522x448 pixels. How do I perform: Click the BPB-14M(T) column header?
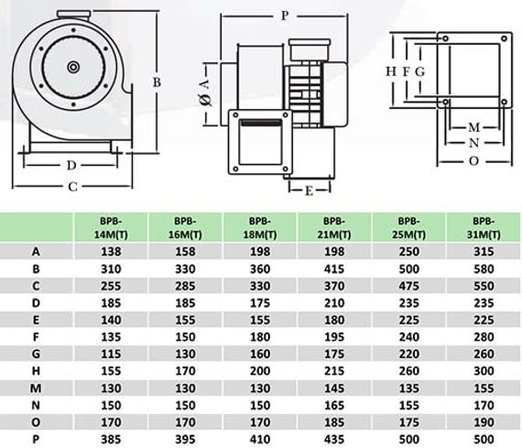tap(111, 228)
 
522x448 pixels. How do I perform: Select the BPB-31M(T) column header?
tap(484, 228)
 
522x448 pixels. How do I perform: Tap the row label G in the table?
tap(36, 354)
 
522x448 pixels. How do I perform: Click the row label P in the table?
tap(36, 440)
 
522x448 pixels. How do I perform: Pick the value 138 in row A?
tap(111, 251)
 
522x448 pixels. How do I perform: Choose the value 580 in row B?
tap(484, 268)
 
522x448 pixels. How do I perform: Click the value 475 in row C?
tap(408, 286)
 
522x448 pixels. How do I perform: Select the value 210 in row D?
tap(334, 302)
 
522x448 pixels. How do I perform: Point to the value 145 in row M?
tap(334, 388)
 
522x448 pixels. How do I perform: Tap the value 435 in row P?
tap(334, 440)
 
